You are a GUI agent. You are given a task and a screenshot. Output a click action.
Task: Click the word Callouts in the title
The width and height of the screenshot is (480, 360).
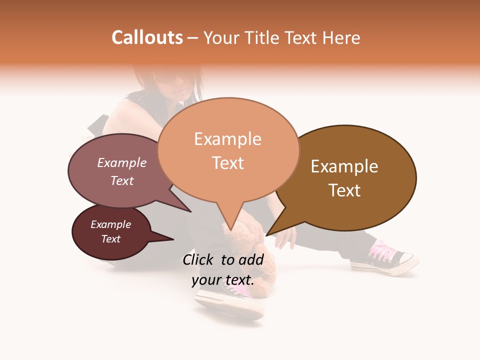[x=147, y=37]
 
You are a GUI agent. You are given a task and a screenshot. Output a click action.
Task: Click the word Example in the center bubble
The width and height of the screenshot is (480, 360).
[x=227, y=139]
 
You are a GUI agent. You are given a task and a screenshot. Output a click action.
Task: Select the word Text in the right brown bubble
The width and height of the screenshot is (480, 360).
[x=344, y=190]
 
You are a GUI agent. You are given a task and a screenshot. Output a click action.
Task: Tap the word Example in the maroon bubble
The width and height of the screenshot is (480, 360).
[x=110, y=224]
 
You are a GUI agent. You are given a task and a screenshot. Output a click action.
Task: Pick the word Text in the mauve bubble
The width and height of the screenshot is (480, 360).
[x=122, y=180]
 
